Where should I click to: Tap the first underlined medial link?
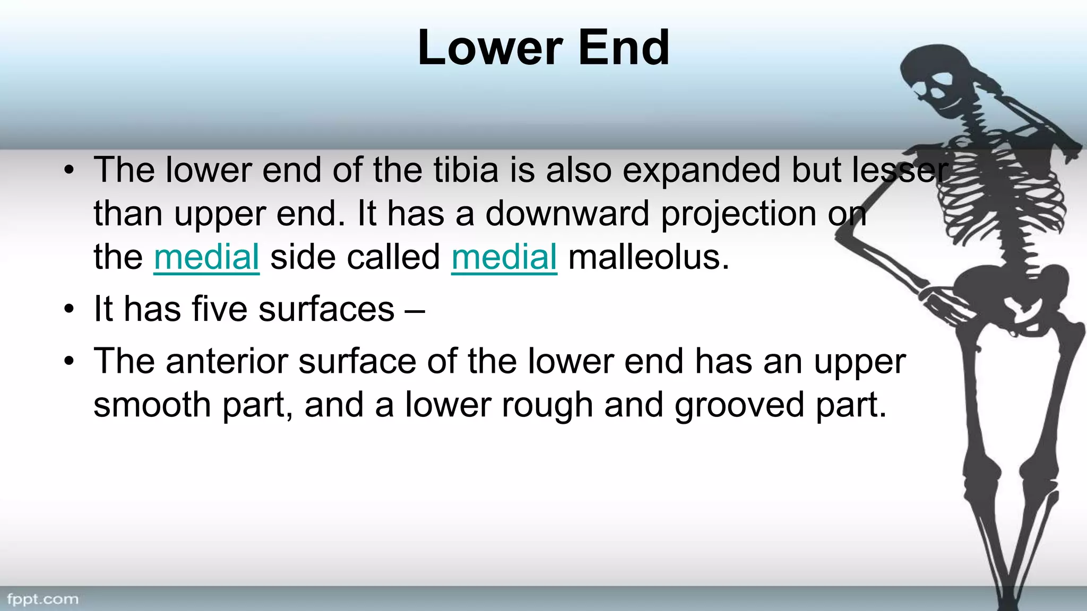206,257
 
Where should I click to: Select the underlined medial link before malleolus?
504,257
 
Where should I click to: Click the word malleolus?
649,257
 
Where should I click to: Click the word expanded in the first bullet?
701,170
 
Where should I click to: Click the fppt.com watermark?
43,599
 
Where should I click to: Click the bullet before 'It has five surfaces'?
68,310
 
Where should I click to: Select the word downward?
567,214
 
